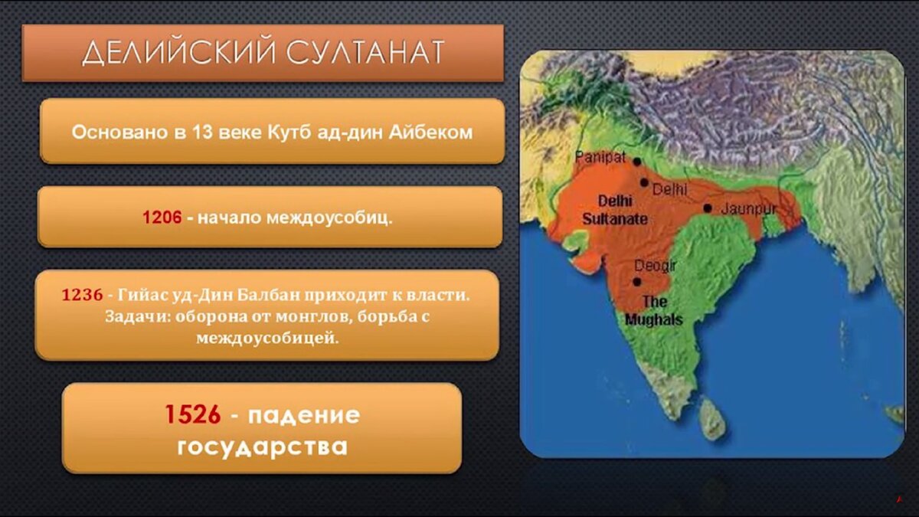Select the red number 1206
(162, 218)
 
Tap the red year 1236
(82, 295)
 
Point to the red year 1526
(192, 415)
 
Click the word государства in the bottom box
(262, 446)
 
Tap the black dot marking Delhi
(645, 182)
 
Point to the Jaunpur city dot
(707, 208)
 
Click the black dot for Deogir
(636, 282)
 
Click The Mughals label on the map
(653, 310)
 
